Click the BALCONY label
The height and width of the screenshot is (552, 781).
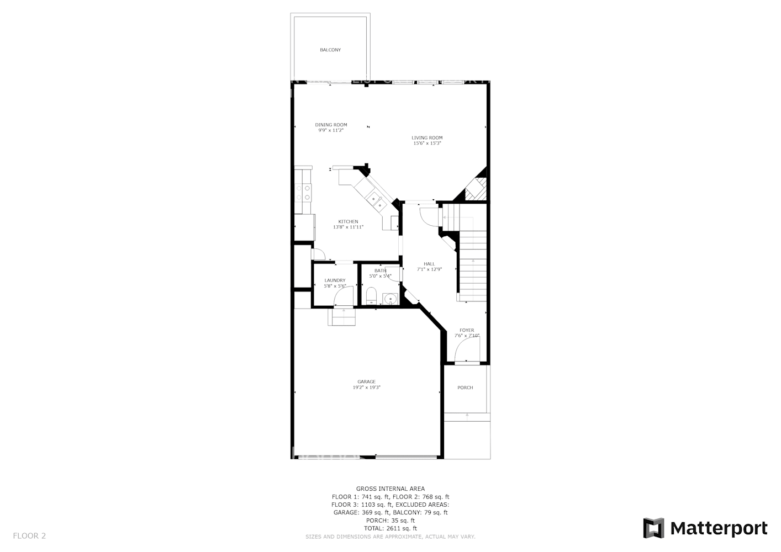click(330, 50)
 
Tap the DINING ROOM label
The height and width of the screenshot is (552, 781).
click(331, 125)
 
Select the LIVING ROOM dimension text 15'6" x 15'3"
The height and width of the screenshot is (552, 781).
click(427, 144)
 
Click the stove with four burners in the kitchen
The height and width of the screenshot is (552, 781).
click(303, 192)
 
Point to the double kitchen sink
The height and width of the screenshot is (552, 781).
click(377, 201)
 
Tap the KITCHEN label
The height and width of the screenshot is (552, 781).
click(348, 222)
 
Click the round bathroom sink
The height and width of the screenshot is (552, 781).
click(391, 299)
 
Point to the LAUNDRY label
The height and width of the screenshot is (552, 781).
click(335, 280)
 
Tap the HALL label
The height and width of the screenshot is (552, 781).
click(429, 264)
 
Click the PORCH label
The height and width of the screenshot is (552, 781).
click(465, 388)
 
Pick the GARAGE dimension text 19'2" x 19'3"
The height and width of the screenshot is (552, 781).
click(366, 388)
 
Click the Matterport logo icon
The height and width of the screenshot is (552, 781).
click(654, 528)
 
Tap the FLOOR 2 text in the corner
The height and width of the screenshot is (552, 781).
click(29, 535)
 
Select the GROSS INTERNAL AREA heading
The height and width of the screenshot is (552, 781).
click(390, 489)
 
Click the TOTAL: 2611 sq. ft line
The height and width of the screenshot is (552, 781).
click(390, 528)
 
